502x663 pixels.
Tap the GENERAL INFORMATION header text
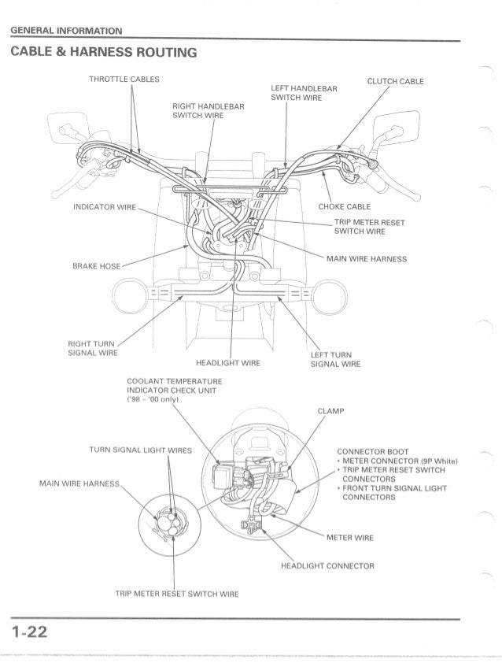point(65,31)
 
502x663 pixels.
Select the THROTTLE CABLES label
point(124,80)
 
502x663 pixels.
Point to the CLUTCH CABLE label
point(395,81)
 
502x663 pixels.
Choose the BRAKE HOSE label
point(97,267)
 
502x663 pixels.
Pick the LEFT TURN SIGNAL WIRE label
point(335,359)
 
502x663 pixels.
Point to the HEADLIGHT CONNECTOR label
point(327,566)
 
